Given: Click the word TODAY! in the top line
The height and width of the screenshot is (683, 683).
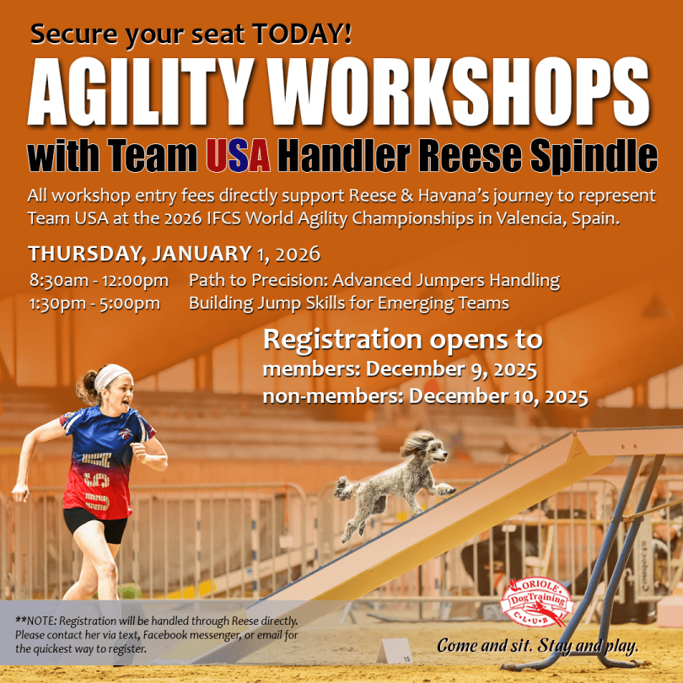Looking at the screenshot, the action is point(301,34).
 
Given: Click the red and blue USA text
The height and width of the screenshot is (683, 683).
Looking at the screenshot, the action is point(239,155).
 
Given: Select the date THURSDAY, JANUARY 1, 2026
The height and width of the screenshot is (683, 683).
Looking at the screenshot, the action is point(175,254).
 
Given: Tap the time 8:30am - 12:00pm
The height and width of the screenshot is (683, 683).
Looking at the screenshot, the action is point(99,281).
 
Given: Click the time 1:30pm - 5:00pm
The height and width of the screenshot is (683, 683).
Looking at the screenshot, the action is point(94,304).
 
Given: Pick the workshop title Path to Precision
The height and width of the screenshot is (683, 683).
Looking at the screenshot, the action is point(258,280).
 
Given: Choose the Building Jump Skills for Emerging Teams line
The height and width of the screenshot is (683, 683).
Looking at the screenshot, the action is point(349,304).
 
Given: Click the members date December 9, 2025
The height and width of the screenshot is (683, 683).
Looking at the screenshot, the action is point(451,370).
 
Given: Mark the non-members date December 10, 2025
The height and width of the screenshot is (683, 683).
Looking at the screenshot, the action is point(498,397).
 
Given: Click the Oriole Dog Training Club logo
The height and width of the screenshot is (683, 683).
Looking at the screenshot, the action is point(537,602).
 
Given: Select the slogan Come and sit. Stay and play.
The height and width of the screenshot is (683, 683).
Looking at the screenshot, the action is point(537,646).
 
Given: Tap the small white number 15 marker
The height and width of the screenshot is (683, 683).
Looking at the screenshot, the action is point(394,651).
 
